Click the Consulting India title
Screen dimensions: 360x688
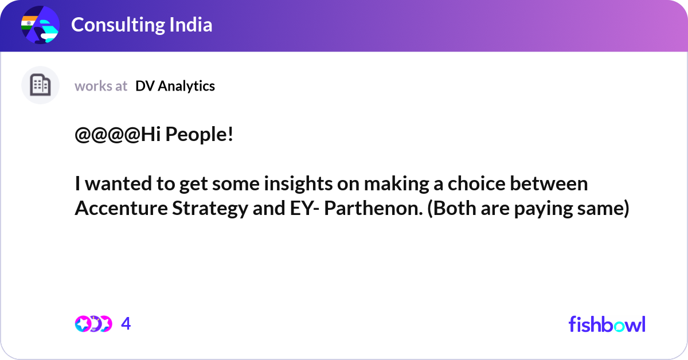tap(142, 25)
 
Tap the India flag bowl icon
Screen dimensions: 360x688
tap(40, 25)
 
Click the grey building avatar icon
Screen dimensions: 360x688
tap(40, 85)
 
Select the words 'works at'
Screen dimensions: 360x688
tap(101, 86)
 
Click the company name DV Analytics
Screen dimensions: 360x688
tap(175, 86)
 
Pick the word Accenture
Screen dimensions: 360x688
tap(120, 209)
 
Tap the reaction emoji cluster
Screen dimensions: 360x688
tap(93, 324)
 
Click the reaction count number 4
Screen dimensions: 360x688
tap(126, 324)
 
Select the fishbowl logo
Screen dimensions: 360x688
tap(607, 324)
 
